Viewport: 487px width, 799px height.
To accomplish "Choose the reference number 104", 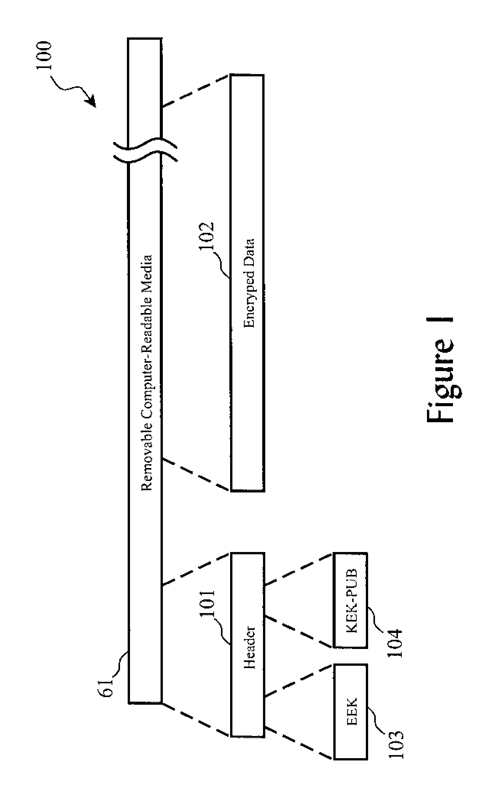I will pos(394,642).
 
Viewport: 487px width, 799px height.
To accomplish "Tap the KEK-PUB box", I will pos(351,600).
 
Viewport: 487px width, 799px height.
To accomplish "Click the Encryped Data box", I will pos(247,282).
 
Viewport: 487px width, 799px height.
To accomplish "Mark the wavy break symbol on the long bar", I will pos(144,150).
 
